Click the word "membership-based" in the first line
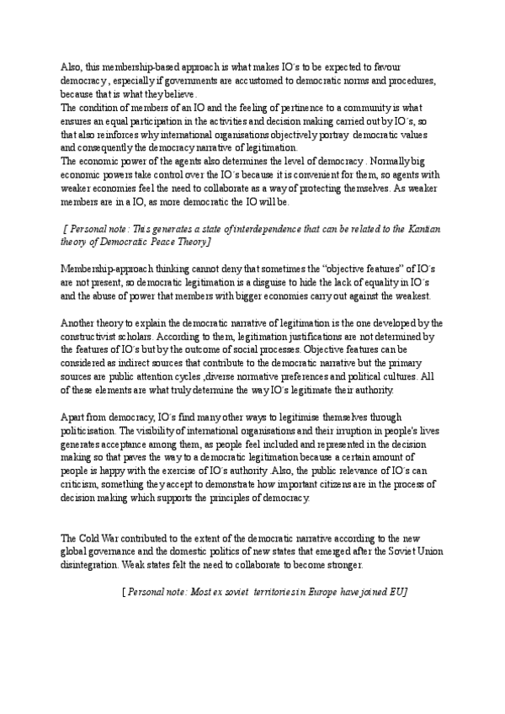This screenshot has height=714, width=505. [131, 66]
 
